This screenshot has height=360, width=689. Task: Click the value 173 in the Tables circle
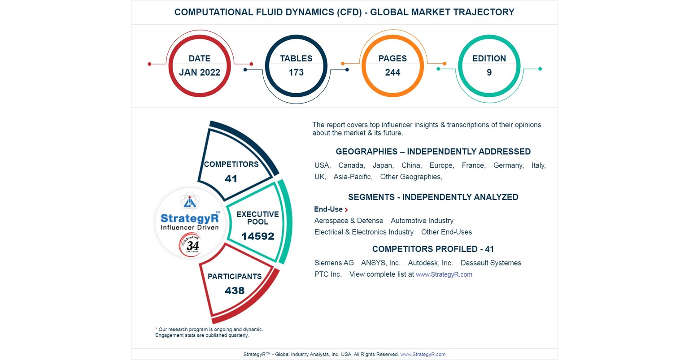296,73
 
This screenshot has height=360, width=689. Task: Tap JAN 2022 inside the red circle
200,73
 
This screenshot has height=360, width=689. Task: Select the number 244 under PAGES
392,73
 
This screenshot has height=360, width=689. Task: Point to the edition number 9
489,73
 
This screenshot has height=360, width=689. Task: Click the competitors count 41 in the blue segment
231,179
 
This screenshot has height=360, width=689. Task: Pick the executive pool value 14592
257,236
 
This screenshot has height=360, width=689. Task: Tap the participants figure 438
235,291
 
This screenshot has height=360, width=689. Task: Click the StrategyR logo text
189,218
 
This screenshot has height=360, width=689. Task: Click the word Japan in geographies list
383,165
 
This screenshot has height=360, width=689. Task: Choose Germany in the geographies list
508,165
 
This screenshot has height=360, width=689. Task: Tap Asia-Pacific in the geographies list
353,177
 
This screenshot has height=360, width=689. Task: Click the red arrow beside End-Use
346,210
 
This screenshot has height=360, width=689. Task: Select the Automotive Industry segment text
422,221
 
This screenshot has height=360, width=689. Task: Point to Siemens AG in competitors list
334,263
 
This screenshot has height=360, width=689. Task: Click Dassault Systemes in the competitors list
491,263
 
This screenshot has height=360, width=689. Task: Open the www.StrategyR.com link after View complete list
444,274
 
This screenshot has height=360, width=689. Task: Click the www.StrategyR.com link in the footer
423,354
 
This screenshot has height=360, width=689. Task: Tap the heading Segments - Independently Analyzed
433,197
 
